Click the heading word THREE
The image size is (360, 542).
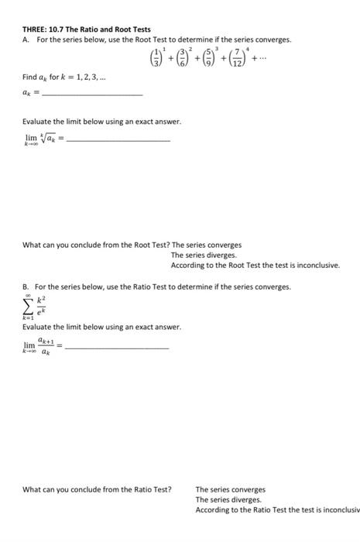coord(34,29)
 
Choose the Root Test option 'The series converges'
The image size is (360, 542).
coord(206,245)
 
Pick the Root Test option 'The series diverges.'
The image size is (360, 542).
coord(204,255)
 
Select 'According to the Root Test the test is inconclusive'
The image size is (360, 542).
coord(255,265)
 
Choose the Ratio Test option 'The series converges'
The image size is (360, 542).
coord(230,489)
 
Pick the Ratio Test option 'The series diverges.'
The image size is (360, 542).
coord(228,499)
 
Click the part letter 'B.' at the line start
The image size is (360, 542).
coord(26,286)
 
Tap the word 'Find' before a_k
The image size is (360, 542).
coord(30,78)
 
